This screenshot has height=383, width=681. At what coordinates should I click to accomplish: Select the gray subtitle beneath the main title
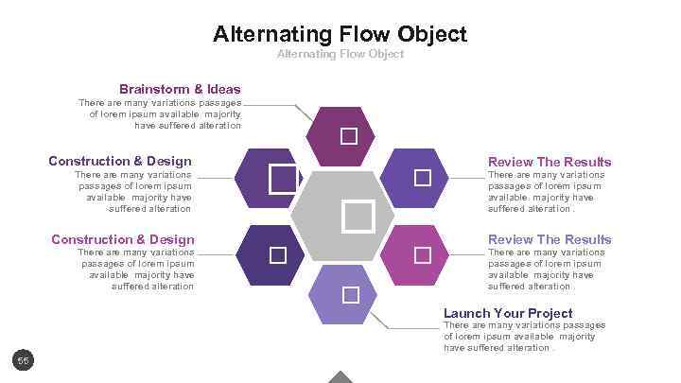point(340,55)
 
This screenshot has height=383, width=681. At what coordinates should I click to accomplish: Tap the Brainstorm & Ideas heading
point(180,90)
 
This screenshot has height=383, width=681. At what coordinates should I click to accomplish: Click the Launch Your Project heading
point(508,313)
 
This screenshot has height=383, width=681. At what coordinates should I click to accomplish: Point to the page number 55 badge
point(24,360)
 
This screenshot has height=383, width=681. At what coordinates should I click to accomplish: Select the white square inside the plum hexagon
point(349,136)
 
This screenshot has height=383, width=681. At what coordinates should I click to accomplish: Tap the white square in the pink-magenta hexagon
point(422,255)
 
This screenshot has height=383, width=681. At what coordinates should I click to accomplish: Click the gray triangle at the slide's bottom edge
point(340,377)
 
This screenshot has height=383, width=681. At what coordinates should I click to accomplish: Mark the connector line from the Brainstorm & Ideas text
point(274,105)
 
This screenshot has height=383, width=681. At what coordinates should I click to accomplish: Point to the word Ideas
point(224,90)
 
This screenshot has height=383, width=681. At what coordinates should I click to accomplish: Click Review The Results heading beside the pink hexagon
point(550,239)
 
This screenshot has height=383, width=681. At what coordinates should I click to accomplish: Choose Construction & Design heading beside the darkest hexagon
point(123,239)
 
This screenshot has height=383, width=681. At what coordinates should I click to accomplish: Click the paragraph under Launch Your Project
point(524,337)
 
